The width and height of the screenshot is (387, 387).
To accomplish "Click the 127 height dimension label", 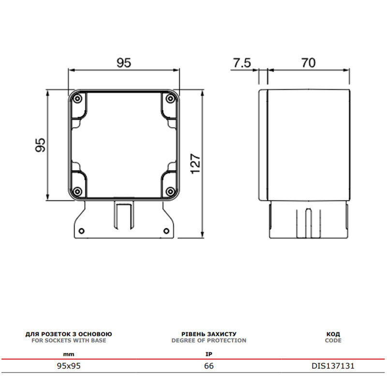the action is [195, 164].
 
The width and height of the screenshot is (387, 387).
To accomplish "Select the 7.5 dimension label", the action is [242, 63].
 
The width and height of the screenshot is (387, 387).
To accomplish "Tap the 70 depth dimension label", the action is [308, 63].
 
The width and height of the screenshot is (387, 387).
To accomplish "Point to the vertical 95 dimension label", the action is [40, 145].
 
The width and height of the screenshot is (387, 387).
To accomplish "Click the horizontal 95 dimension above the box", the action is [124, 63].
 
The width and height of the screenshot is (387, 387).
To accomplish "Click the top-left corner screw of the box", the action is [77, 99].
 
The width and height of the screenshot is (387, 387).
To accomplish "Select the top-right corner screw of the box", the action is [170, 99].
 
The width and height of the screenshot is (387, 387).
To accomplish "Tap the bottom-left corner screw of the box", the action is [77, 191].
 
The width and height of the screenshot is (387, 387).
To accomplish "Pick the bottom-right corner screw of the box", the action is [170, 191].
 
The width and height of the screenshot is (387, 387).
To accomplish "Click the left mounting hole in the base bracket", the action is [81, 231].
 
